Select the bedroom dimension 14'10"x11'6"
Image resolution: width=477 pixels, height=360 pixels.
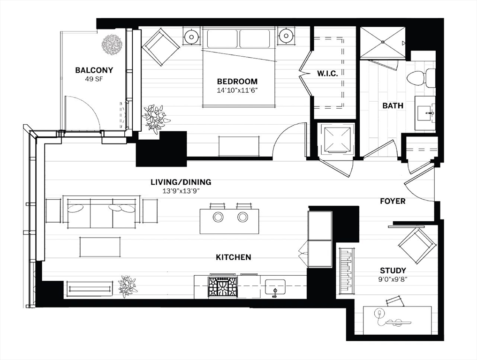point(237,90)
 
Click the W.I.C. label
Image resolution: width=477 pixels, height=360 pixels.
point(327,74)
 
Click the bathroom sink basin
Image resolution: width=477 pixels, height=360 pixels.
point(425,114)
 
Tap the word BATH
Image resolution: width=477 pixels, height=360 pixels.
point(393,105)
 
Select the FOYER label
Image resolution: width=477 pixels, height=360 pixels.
point(393,201)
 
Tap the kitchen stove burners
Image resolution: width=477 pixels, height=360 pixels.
point(222,287)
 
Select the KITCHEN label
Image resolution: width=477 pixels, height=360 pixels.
point(233,257)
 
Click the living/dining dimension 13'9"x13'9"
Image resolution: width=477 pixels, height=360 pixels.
point(181,191)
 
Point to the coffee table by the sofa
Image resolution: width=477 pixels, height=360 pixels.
point(100,247)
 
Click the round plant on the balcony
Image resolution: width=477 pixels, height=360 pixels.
point(112,45)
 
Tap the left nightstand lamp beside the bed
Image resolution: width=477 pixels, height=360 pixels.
point(192,37)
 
